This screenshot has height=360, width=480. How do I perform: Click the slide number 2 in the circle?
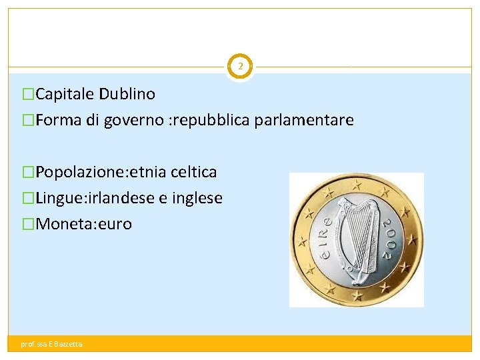click(x=240, y=67)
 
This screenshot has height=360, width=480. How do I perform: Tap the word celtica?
click(x=194, y=172)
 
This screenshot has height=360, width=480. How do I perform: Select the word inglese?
click(x=197, y=198)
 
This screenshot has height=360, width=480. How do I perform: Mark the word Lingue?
click(x=58, y=198)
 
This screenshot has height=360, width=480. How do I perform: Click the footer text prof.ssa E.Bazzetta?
click(x=52, y=344)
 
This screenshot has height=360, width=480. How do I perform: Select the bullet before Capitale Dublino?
click(x=28, y=94)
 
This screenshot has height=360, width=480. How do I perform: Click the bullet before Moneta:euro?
click(x=28, y=224)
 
